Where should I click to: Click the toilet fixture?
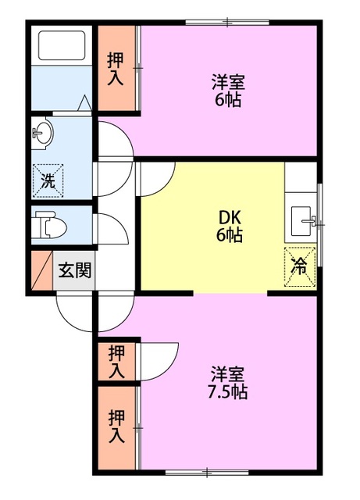(52, 227)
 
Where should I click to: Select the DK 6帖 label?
(229, 226)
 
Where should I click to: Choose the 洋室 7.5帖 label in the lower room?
(228, 382)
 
